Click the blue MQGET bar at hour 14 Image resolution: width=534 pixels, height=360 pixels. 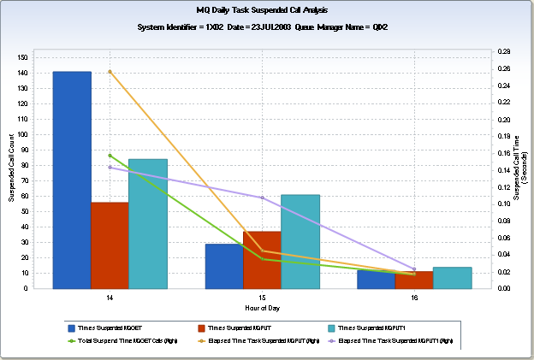tap(72, 180)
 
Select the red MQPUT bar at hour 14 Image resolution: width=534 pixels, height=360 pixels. tap(110, 245)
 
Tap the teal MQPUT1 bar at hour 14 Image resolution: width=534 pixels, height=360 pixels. tap(147, 223)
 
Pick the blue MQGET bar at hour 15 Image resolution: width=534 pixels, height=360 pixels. tap(224, 266)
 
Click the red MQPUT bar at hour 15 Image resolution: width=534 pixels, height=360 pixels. tap(262, 260)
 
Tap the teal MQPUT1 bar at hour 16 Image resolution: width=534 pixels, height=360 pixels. tap(452, 278)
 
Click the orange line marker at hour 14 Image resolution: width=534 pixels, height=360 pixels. tap(110, 72)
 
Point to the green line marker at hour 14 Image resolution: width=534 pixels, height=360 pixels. tap(110, 156)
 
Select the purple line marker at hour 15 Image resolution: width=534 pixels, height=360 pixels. tap(262, 198)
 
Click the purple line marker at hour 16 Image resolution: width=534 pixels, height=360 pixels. tap(414, 269)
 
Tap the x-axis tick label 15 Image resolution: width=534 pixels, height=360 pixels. tap(262, 297)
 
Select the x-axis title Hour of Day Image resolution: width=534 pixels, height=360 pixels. tap(262, 306)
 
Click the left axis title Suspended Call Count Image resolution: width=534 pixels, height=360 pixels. tap(11, 168)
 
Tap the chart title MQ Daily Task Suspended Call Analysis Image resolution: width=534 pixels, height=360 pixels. tap(262, 10)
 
